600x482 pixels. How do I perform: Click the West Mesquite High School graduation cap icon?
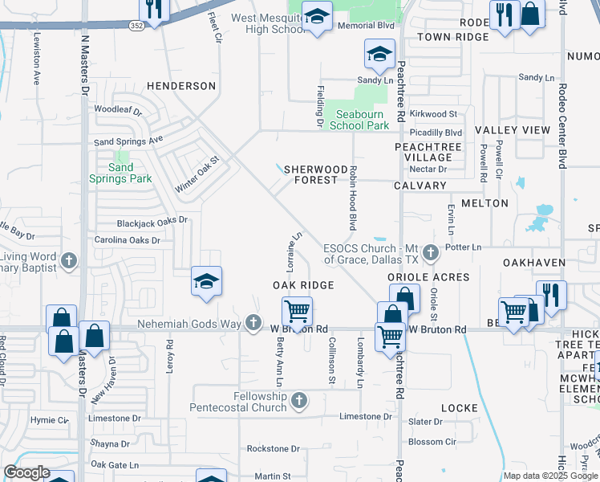tap(317, 17)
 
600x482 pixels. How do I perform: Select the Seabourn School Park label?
tap(359, 120)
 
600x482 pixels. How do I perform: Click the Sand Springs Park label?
tap(120, 173)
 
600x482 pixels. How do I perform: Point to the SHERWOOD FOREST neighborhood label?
tap(310, 174)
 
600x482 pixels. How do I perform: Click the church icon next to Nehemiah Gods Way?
tap(253, 323)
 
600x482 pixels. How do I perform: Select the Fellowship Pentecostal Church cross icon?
tap(299, 400)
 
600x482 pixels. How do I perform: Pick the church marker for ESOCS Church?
tap(431, 253)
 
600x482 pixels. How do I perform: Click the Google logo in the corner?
tap(27, 472)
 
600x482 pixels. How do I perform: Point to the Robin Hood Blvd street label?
tap(352, 198)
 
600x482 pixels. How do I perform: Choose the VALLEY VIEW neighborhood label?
tap(513, 130)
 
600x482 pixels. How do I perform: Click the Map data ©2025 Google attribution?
tap(550, 476)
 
